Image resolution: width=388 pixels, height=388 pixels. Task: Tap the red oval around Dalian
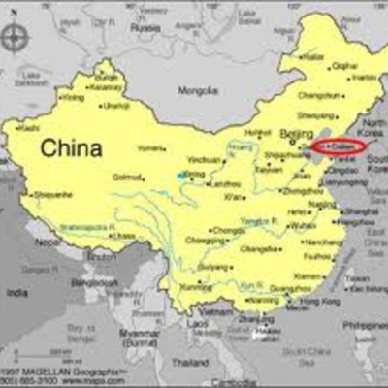point(339,146)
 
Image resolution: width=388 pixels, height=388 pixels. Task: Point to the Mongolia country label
point(199,91)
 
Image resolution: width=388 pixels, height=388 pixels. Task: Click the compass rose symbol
point(15,38)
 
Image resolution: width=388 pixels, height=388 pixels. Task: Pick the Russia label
point(145,28)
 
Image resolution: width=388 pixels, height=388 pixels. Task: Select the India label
point(16,292)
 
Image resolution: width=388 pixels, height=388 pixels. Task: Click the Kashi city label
point(29,128)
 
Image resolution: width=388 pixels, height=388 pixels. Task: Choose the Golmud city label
point(126,177)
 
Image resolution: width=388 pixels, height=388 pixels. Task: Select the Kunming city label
point(194,288)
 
